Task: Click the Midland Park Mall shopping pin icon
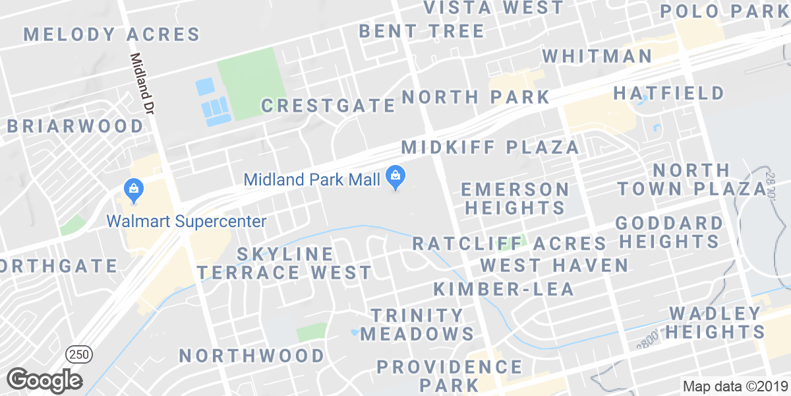pos(395,177)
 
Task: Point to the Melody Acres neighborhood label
pos(112,34)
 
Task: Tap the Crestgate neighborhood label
pos(328,106)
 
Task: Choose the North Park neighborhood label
pos(476,97)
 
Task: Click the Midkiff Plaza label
pos(490,147)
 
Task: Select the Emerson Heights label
pos(515,199)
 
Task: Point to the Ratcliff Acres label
pos(509,243)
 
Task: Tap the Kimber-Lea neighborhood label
pos(504,288)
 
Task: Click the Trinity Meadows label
pos(418,324)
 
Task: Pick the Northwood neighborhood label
pos(252,356)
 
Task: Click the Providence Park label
pos(450,375)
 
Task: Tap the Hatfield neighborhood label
pos(669,93)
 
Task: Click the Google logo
pos(44,379)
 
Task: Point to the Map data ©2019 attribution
pos(735,387)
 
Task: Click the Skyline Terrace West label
pos(285,263)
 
